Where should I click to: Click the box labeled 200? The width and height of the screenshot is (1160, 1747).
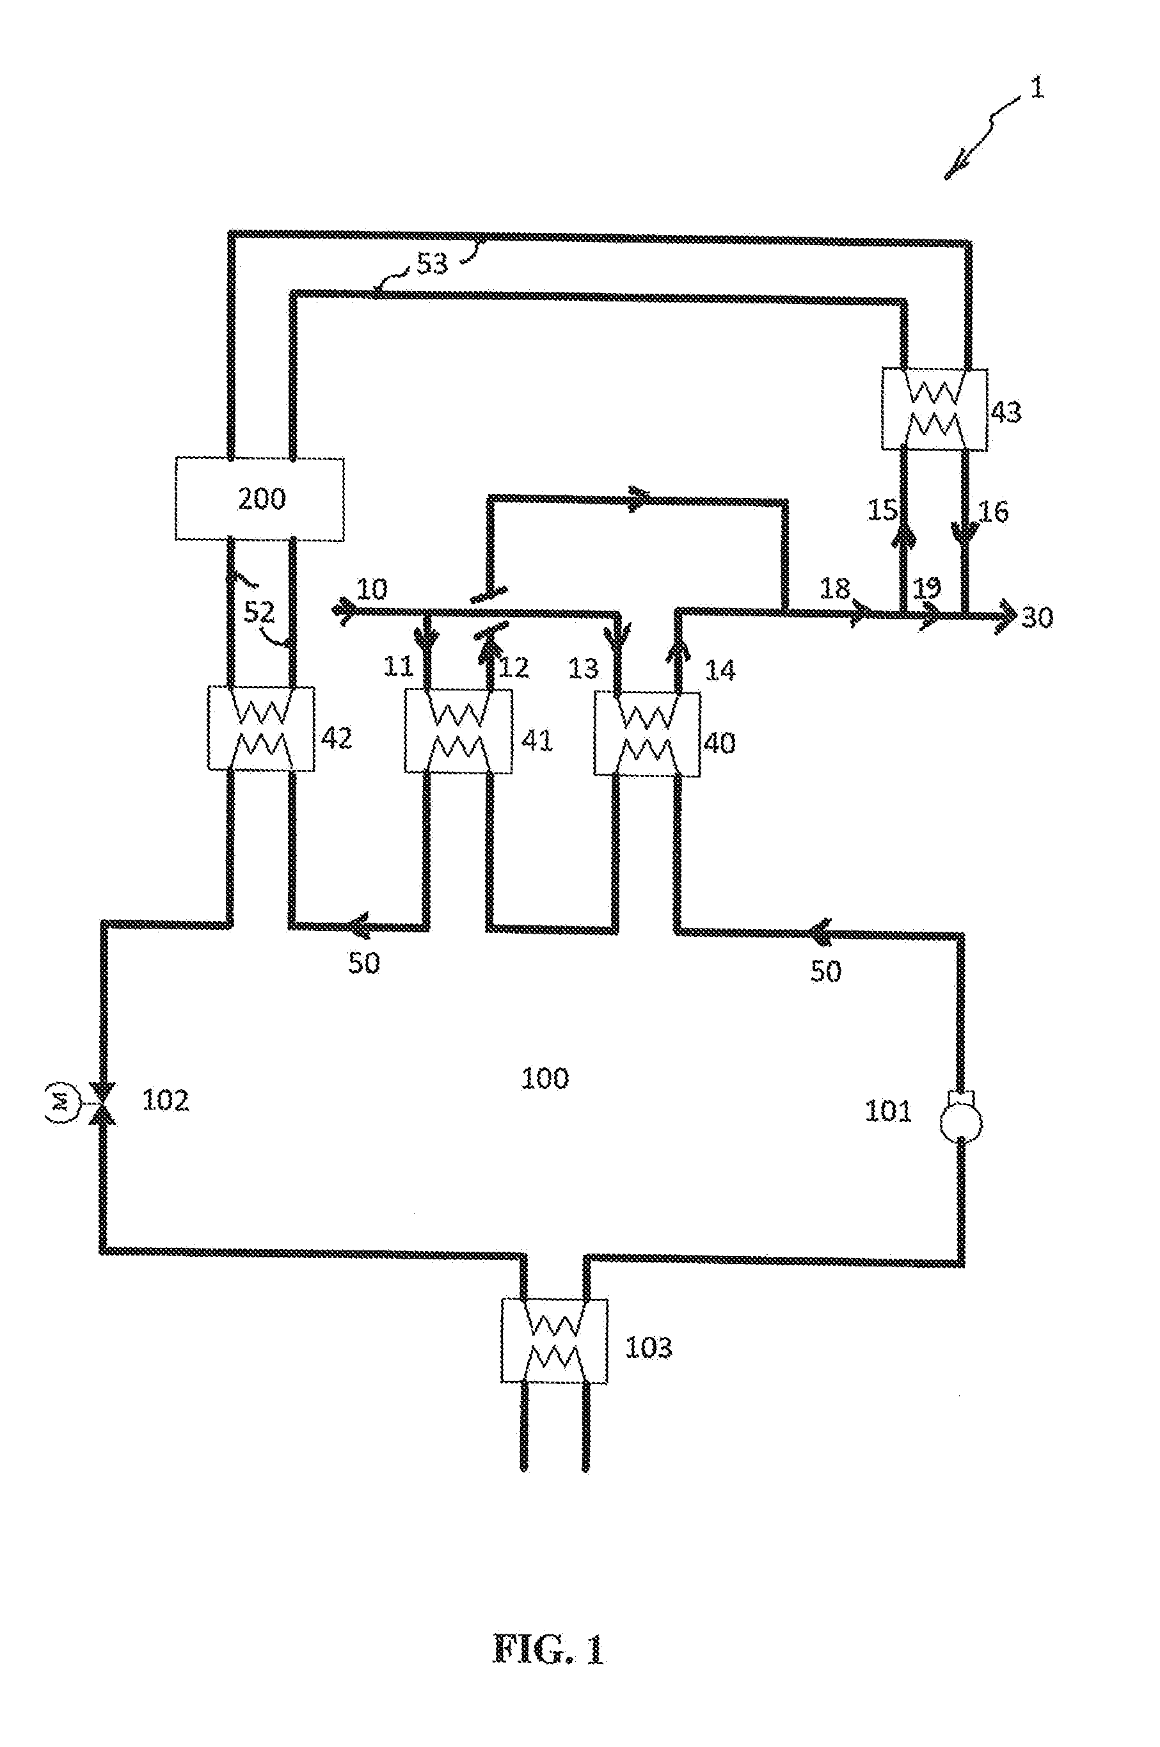260,499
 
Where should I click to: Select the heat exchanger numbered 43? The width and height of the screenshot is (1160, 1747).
934,409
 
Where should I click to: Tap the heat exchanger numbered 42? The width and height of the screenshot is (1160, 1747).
260,729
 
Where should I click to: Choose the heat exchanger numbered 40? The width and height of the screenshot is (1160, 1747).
648,734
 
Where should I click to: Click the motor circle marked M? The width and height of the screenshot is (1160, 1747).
61,1103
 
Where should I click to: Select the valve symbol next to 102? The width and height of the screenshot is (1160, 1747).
102,1103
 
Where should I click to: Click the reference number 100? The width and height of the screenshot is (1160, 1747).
545,1078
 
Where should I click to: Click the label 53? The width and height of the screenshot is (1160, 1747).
432,262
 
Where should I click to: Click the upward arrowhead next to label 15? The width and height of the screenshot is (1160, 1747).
903,537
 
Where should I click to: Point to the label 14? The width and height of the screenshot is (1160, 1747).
720,671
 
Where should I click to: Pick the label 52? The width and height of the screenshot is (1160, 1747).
260,612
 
